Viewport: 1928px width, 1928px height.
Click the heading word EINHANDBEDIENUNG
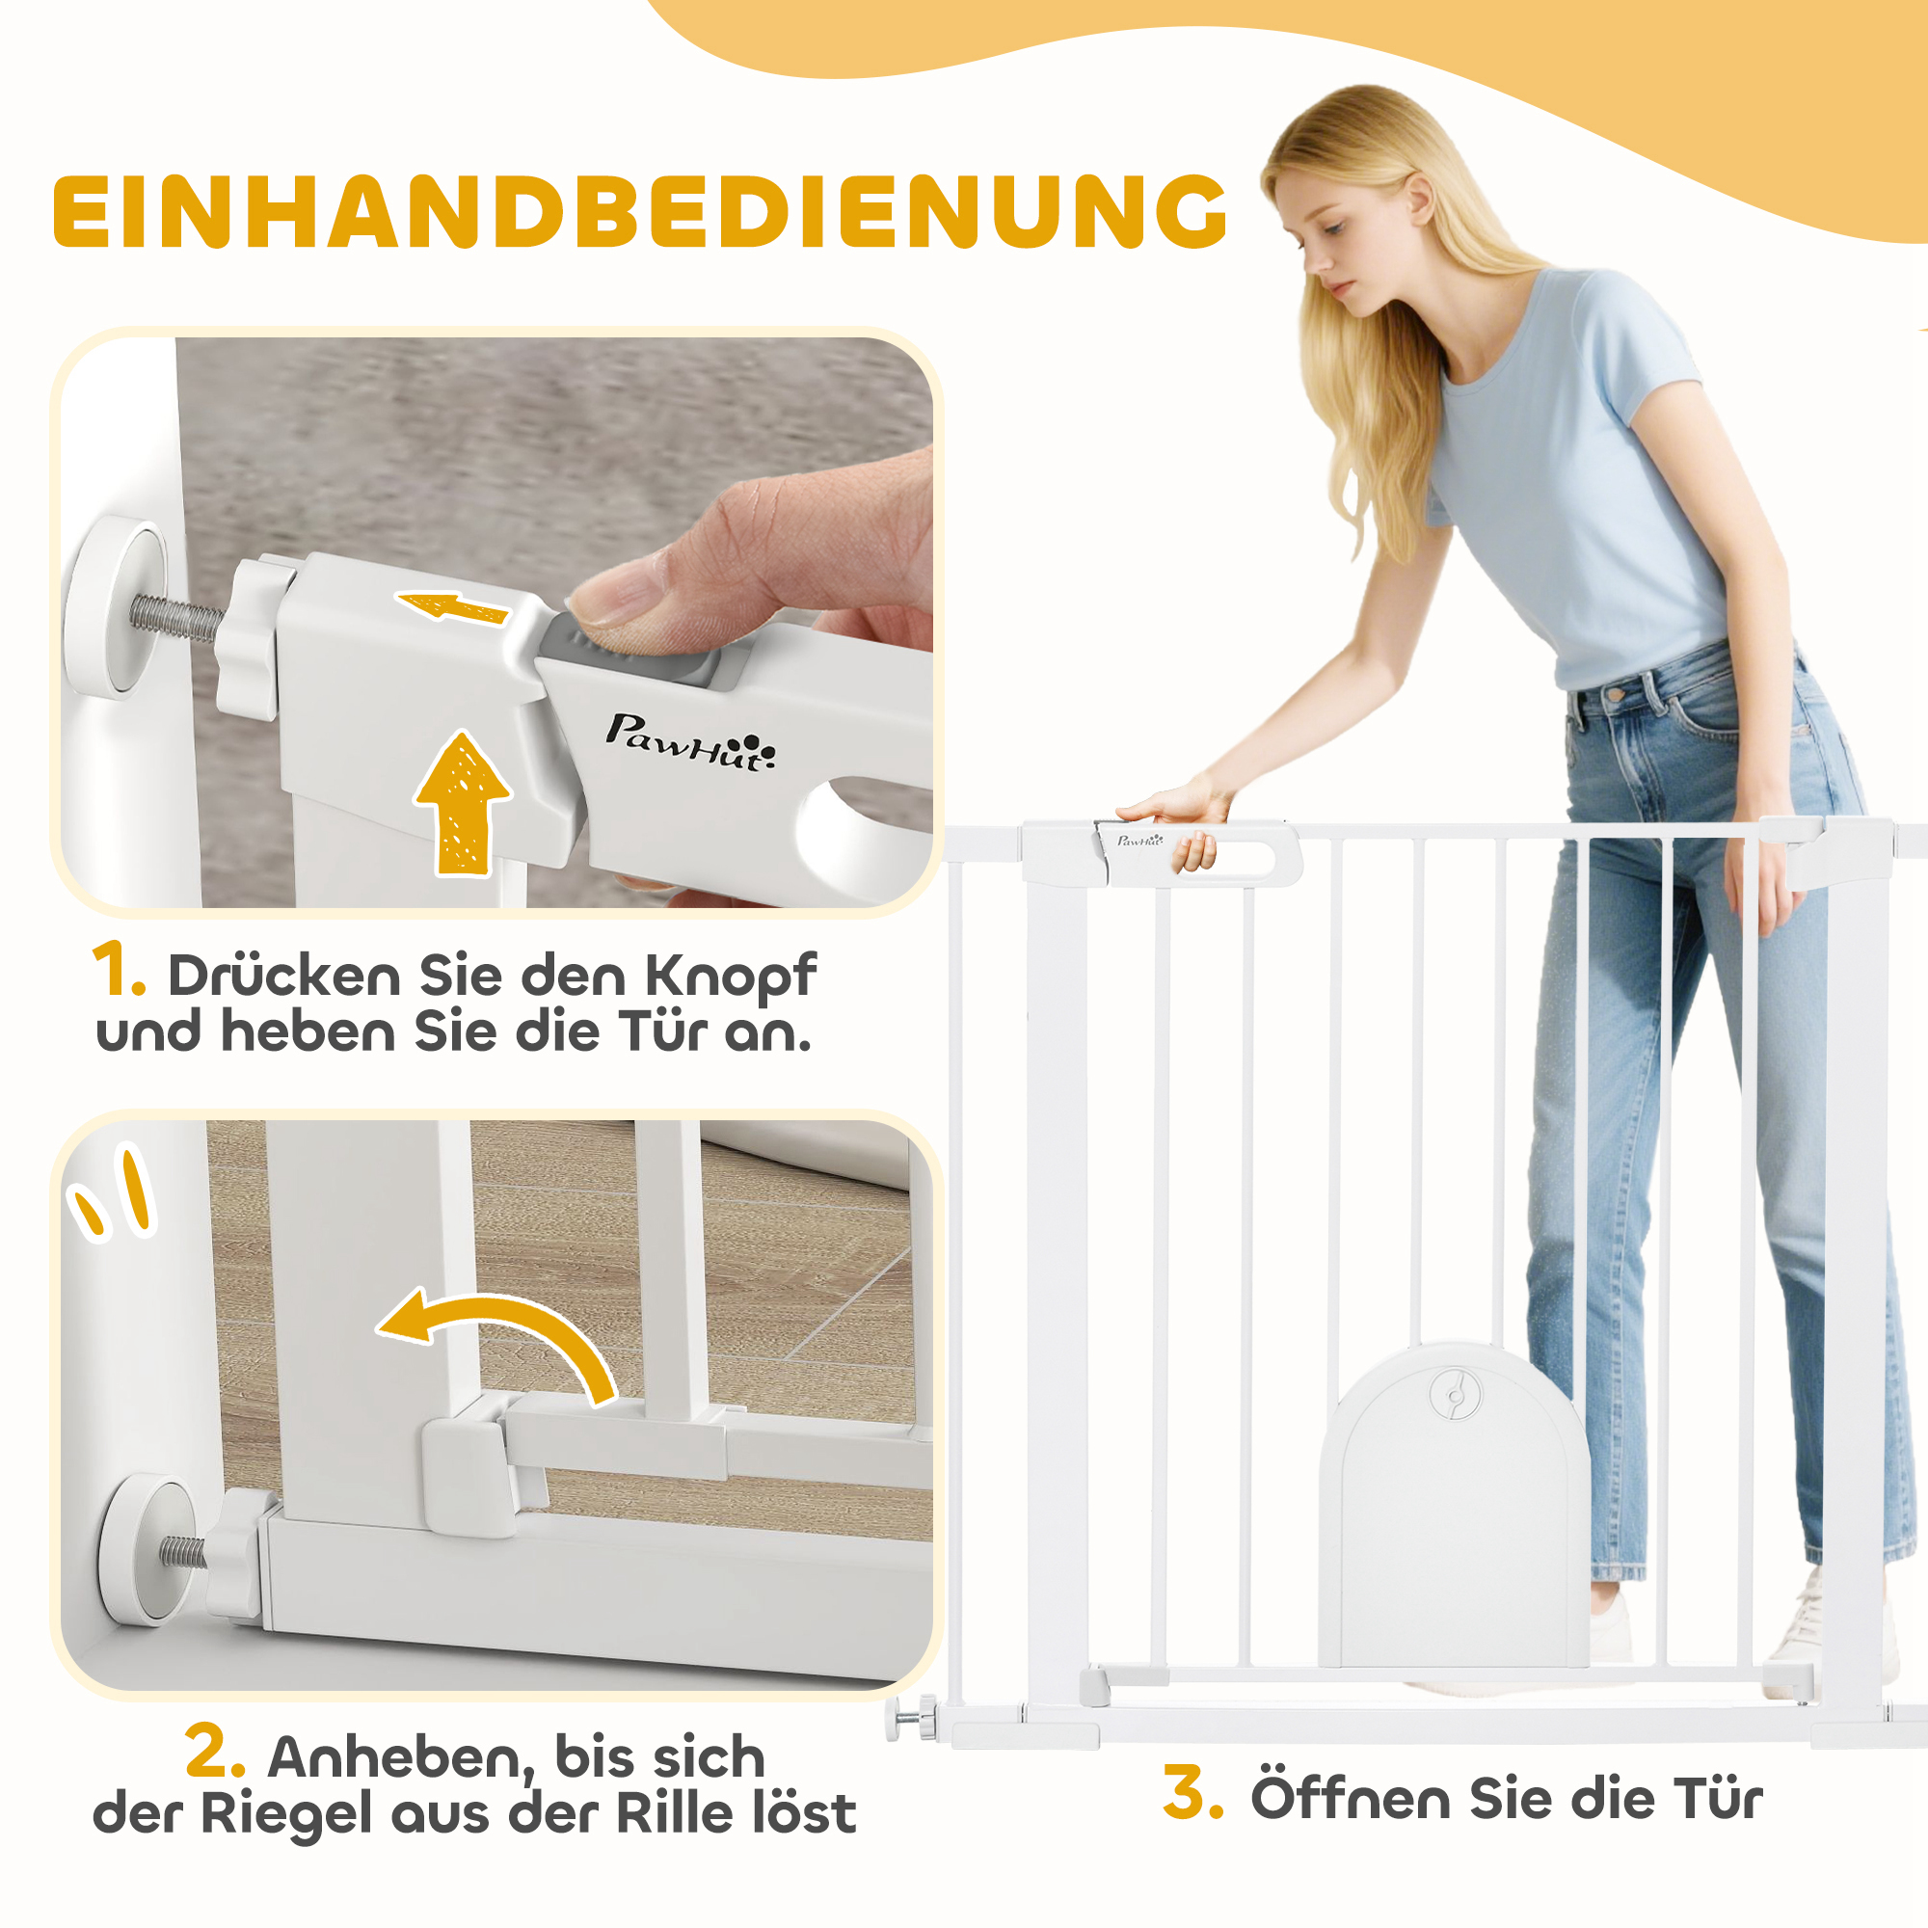pos(639,211)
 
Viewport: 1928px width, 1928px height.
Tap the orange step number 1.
pos(118,970)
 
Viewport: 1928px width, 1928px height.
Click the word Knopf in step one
pos(730,976)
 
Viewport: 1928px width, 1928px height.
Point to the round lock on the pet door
pos(1454,1393)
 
